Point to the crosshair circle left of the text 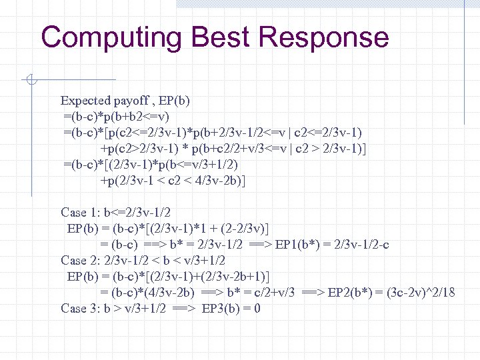click(31, 81)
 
